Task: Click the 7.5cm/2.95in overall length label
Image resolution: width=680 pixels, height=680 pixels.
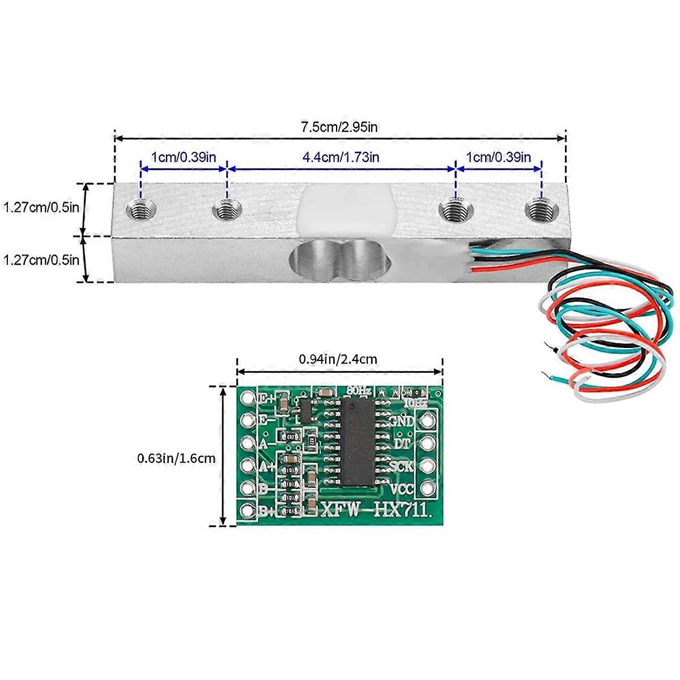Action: pyautogui.click(x=339, y=126)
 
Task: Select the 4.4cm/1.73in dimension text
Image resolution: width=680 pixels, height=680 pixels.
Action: pyautogui.click(x=341, y=157)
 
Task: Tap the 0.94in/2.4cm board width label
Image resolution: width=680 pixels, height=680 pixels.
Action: pyautogui.click(x=338, y=359)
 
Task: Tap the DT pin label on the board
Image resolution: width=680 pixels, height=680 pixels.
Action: pyautogui.click(x=402, y=443)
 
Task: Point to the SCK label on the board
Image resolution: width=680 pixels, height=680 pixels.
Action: pyautogui.click(x=401, y=466)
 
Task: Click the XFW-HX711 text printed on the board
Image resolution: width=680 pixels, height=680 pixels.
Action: pyautogui.click(x=376, y=510)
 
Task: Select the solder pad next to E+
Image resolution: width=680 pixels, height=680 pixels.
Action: pyautogui.click(x=247, y=398)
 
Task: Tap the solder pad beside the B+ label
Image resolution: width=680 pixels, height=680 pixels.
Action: pyautogui.click(x=247, y=510)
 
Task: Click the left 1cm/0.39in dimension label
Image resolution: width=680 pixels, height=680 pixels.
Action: pyautogui.click(x=183, y=157)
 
